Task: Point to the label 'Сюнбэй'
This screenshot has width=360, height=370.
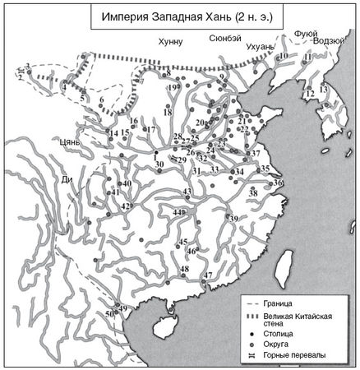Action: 224,38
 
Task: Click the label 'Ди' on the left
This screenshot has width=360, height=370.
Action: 67,178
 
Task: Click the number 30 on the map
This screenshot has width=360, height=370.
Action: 159,164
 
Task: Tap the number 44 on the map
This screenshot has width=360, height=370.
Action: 177,213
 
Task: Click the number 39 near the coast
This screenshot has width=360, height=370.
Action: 234,219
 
